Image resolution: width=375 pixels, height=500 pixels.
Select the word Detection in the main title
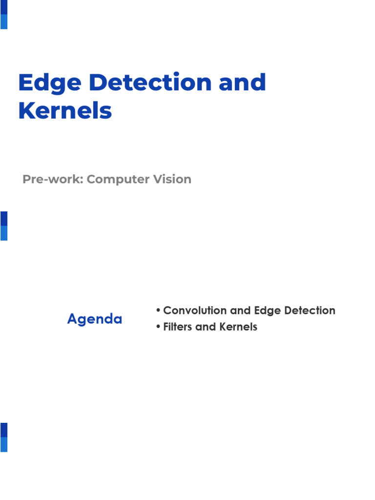click(152, 82)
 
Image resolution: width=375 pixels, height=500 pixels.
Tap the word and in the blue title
click(242, 82)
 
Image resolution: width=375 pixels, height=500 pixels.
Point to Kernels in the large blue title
click(65, 111)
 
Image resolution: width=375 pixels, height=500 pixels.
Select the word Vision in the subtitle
click(172, 179)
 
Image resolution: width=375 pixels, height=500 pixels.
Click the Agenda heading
click(95, 319)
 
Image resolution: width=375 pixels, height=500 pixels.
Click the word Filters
click(178, 327)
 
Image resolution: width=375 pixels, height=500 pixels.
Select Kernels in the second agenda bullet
click(239, 327)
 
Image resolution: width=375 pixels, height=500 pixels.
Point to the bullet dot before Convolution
click(158, 311)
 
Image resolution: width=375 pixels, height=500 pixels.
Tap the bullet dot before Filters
click(158, 327)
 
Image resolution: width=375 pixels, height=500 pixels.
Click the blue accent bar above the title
click(4, 15)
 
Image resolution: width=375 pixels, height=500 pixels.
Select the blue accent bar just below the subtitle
click(4, 226)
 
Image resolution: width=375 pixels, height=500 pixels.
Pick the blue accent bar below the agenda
click(4, 437)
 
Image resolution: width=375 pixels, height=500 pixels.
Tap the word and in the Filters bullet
click(206, 327)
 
